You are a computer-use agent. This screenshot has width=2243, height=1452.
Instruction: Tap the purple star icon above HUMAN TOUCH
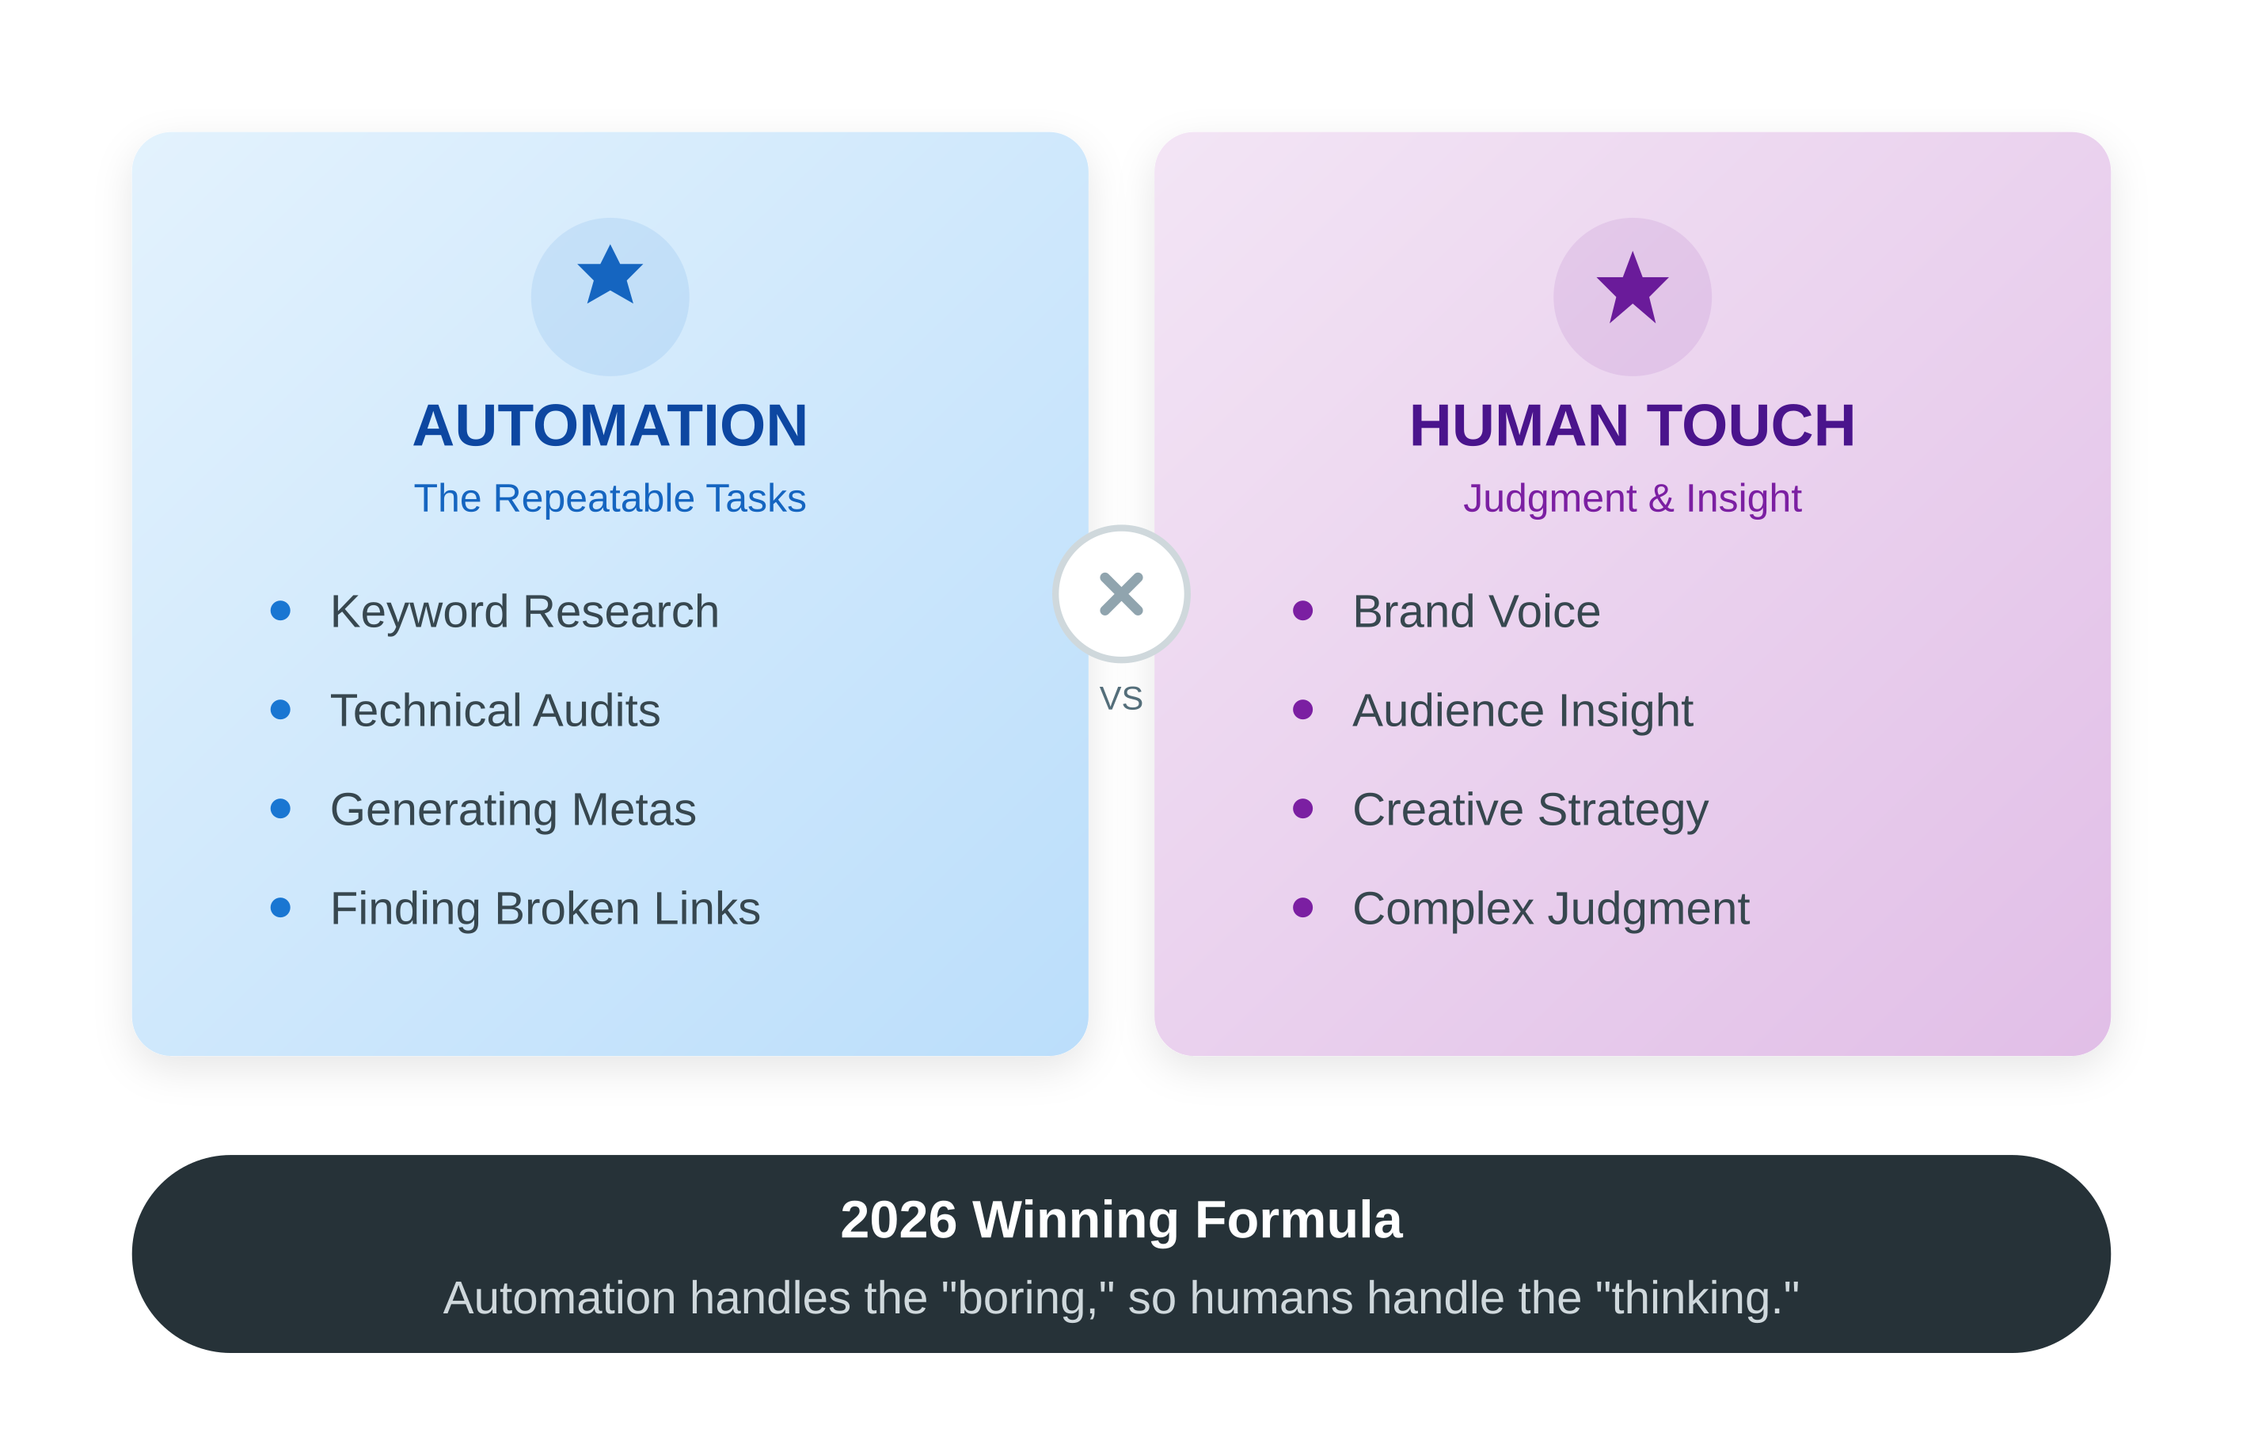click(1633, 288)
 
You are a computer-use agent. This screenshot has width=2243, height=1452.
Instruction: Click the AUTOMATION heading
click(610, 425)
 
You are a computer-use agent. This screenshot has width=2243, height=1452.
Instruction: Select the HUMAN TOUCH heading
click(1633, 425)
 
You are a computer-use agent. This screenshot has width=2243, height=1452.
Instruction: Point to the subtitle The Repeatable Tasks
click(610, 497)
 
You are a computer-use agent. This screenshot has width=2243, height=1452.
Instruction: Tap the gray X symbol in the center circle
click(1121, 594)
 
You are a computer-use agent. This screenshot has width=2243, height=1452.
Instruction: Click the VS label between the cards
click(1121, 699)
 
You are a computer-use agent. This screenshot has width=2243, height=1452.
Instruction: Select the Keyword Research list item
click(525, 612)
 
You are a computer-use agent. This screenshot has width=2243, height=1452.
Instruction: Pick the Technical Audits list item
click(496, 710)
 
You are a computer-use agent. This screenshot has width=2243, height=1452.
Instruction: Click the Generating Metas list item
click(514, 810)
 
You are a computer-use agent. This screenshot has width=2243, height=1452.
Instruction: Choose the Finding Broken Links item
click(546, 909)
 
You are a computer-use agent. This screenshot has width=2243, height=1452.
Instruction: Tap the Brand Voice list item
click(1477, 612)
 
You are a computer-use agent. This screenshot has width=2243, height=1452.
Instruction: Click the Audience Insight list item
click(1523, 711)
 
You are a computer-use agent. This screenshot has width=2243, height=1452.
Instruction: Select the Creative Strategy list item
click(1530, 810)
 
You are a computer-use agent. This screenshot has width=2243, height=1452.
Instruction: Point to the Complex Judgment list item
click(1551, 909)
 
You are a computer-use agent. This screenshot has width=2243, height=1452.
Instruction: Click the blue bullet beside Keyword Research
click(280, 610)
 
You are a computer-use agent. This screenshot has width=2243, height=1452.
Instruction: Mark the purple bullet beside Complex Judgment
click(1302, 907)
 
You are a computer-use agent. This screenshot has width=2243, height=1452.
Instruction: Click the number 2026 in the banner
click(898, 1219)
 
